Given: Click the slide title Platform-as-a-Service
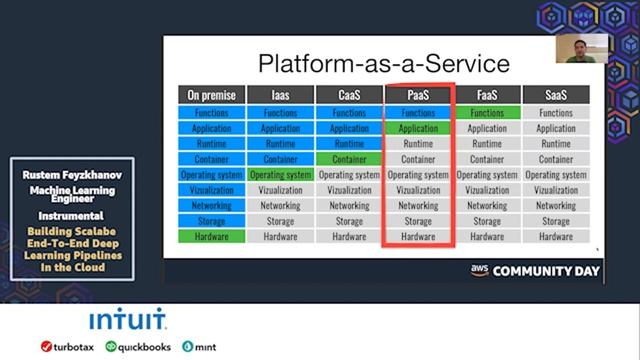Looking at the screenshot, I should pos(383,64).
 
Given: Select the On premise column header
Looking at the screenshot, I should pos(212,95).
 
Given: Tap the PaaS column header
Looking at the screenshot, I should pos(418,95).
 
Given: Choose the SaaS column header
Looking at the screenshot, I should pos(556,95).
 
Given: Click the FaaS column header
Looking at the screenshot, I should pos(487,95).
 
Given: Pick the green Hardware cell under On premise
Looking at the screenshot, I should pos(212,237).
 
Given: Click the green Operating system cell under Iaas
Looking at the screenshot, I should pos(280,175).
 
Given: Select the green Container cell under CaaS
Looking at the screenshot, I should pos(349,159).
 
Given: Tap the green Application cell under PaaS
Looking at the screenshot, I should pos(418,129).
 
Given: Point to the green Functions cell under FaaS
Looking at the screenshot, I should pos(487,113).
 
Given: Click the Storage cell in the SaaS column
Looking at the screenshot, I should pos(556,221).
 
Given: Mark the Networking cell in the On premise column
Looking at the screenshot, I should pos(212,206).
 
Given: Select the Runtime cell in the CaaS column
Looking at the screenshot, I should pos(349,144).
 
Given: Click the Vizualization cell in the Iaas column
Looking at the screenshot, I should pos(280,190).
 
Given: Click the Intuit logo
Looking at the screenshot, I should pos(128,321).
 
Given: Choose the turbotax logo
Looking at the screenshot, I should pos(67,347).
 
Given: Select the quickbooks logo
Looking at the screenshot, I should pos(136,347).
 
